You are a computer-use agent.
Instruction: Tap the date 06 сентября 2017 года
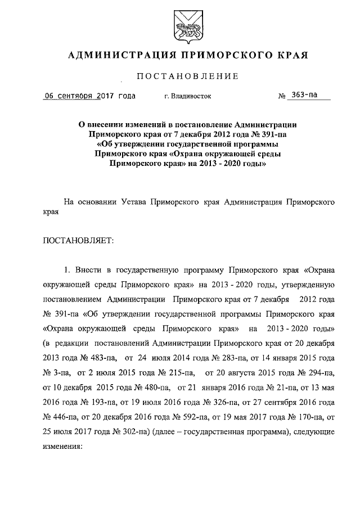pos(90,96)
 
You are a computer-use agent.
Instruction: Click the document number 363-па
pos(302,95)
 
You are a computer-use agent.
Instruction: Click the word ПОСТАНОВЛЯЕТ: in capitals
pos(78,241)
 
